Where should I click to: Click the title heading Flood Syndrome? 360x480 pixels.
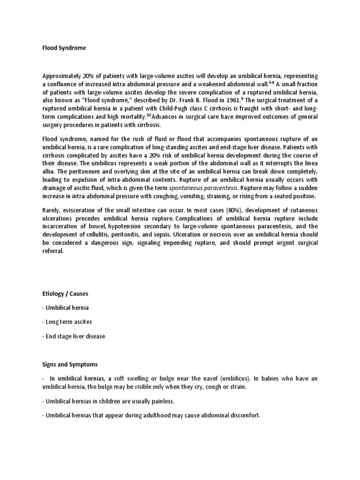pos(64,48)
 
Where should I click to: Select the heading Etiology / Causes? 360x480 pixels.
pos(65,293)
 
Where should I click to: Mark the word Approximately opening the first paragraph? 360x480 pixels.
pos(64,75)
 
